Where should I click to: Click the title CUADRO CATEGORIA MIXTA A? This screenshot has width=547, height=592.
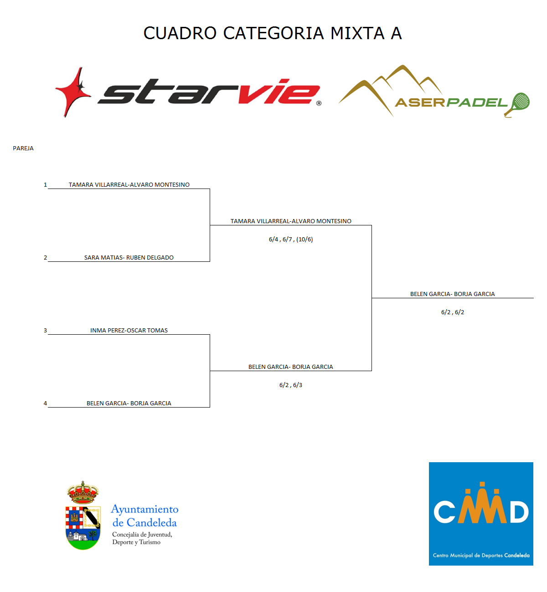[273, 33]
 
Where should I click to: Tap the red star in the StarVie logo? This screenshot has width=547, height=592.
[73, 92]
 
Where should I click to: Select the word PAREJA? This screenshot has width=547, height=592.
[23, 148]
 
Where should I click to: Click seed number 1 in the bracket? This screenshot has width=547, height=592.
[46, 185]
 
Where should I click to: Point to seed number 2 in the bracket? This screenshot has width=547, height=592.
[46, 258]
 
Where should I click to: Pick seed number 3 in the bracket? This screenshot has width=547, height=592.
[46, 330]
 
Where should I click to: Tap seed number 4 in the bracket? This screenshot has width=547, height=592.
[46, 403]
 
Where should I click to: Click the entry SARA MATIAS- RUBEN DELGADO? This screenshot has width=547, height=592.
[129, 258]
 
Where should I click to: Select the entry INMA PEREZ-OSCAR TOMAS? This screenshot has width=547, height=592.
[129, 330]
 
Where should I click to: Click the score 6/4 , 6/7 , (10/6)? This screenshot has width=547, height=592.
[291, 240]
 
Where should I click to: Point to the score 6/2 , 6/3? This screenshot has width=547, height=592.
[291, 385]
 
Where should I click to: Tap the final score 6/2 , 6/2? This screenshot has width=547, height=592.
[452, 312]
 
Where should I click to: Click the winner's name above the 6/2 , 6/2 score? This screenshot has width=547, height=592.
[452, 294]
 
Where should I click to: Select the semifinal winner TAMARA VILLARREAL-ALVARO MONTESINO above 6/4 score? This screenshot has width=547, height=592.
[291, 221]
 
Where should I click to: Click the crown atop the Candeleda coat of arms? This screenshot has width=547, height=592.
[83, 493]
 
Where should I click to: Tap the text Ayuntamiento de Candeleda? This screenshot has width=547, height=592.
[145, 516]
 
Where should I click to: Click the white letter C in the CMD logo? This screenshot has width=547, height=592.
[444, 512]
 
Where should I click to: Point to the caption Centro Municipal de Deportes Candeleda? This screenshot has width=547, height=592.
[481, 555]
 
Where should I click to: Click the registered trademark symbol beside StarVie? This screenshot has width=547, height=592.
[319, 103]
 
